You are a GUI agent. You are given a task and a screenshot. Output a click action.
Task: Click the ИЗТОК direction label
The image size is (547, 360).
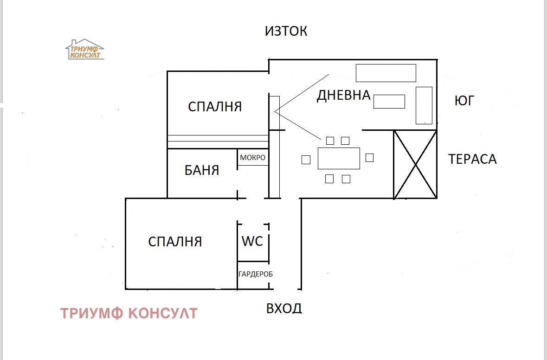286,31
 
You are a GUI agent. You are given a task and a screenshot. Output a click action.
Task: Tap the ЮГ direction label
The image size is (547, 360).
464,101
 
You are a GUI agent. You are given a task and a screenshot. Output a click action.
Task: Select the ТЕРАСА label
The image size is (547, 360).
472,159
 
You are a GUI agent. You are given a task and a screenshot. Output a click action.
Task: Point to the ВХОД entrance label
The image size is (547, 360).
284,308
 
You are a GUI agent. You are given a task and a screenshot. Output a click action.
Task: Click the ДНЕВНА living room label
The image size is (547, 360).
343,96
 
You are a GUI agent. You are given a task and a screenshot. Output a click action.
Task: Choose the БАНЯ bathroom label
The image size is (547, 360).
202,170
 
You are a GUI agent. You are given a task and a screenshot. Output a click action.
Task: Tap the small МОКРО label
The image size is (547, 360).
253,158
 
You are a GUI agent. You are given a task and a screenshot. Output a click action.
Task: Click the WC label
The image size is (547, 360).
252,241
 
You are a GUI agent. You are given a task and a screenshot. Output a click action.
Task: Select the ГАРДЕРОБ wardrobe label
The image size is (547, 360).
256,274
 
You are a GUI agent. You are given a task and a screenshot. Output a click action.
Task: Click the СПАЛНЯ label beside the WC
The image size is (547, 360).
175,242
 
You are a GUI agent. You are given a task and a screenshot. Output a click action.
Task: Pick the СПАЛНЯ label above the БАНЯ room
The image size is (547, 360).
215,107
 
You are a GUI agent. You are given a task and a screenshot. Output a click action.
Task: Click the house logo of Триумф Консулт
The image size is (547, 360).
84,50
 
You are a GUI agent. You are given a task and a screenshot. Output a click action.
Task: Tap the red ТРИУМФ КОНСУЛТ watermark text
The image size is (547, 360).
129,314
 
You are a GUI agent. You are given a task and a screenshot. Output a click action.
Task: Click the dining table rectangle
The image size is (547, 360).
339,158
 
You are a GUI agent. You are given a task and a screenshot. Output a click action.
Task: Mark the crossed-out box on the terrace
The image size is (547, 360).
415,165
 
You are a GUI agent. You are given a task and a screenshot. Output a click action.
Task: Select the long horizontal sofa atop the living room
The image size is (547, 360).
386,73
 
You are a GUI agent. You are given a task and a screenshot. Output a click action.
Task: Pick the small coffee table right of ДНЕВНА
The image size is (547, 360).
389,102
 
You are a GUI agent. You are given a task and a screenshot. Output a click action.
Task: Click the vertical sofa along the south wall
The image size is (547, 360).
424,105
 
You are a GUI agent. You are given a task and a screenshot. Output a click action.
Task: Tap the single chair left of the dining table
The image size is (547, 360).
306,160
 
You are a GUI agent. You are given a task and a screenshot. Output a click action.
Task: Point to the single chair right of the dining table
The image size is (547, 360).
369,158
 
